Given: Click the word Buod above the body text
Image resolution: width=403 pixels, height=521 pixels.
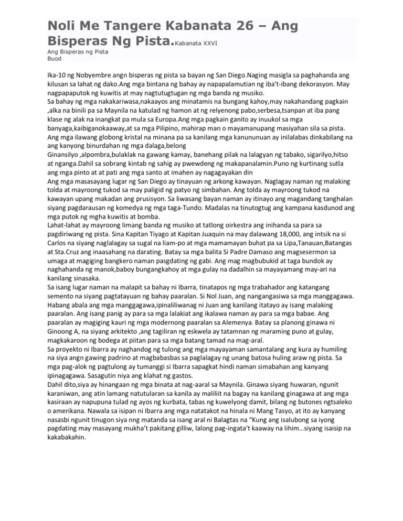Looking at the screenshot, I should [55, 59].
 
